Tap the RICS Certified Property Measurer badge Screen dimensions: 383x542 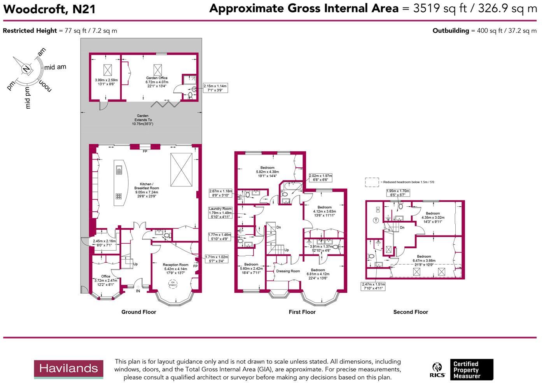coord(462,370)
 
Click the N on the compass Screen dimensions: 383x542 coord(26,69)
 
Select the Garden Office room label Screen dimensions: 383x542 coord(157,78)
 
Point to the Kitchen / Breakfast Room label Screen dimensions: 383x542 coord(146,186)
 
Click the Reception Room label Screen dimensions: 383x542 coord(175,265)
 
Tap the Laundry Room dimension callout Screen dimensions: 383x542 coord(220,213)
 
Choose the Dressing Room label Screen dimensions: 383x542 coord(288,271)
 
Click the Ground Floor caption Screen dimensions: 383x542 coord(139,312)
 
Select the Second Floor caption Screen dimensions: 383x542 coord(410,312)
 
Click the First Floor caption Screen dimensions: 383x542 coord(302,312)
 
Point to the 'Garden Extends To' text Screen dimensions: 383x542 coord(143,118)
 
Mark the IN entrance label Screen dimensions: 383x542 coord(138,291)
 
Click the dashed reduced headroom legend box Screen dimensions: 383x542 coord(372,182)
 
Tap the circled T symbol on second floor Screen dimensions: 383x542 coord(376,220)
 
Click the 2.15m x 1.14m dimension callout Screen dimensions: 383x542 coord(215,88)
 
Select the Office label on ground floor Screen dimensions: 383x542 coord(106,276)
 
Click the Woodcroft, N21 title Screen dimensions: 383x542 coord(49,9)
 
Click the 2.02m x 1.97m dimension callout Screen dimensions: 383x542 coord(321,178)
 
